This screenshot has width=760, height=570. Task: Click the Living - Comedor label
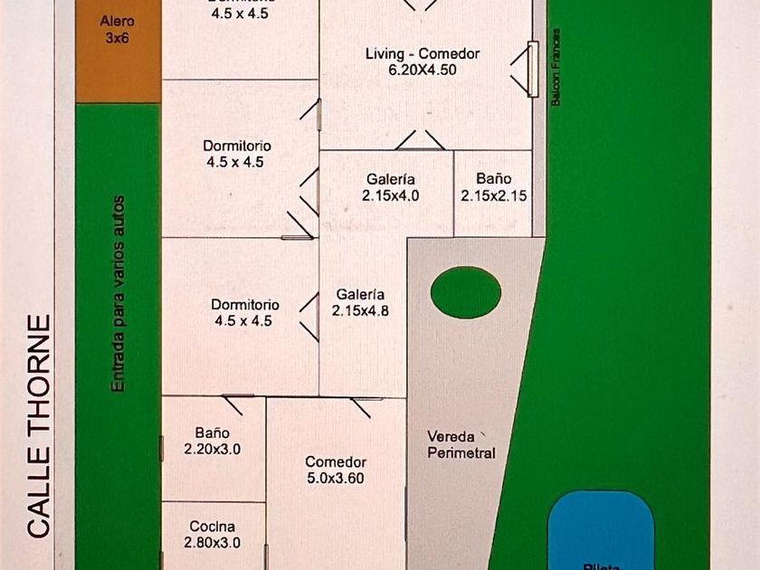tap(423, 53)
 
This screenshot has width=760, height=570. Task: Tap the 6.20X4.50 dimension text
tap(423, 70)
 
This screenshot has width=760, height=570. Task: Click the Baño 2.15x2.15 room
tap(493, 187)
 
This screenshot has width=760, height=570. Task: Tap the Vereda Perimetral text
tap(461, 444)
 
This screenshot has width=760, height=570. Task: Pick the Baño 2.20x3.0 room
tap(213, 441)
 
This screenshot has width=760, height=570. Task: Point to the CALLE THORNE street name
tap(38, 426)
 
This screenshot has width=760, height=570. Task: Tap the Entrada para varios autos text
tap(118, 294)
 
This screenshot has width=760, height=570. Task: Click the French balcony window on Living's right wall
tap(532, 68)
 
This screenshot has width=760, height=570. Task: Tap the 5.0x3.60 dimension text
tap(335, 478)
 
